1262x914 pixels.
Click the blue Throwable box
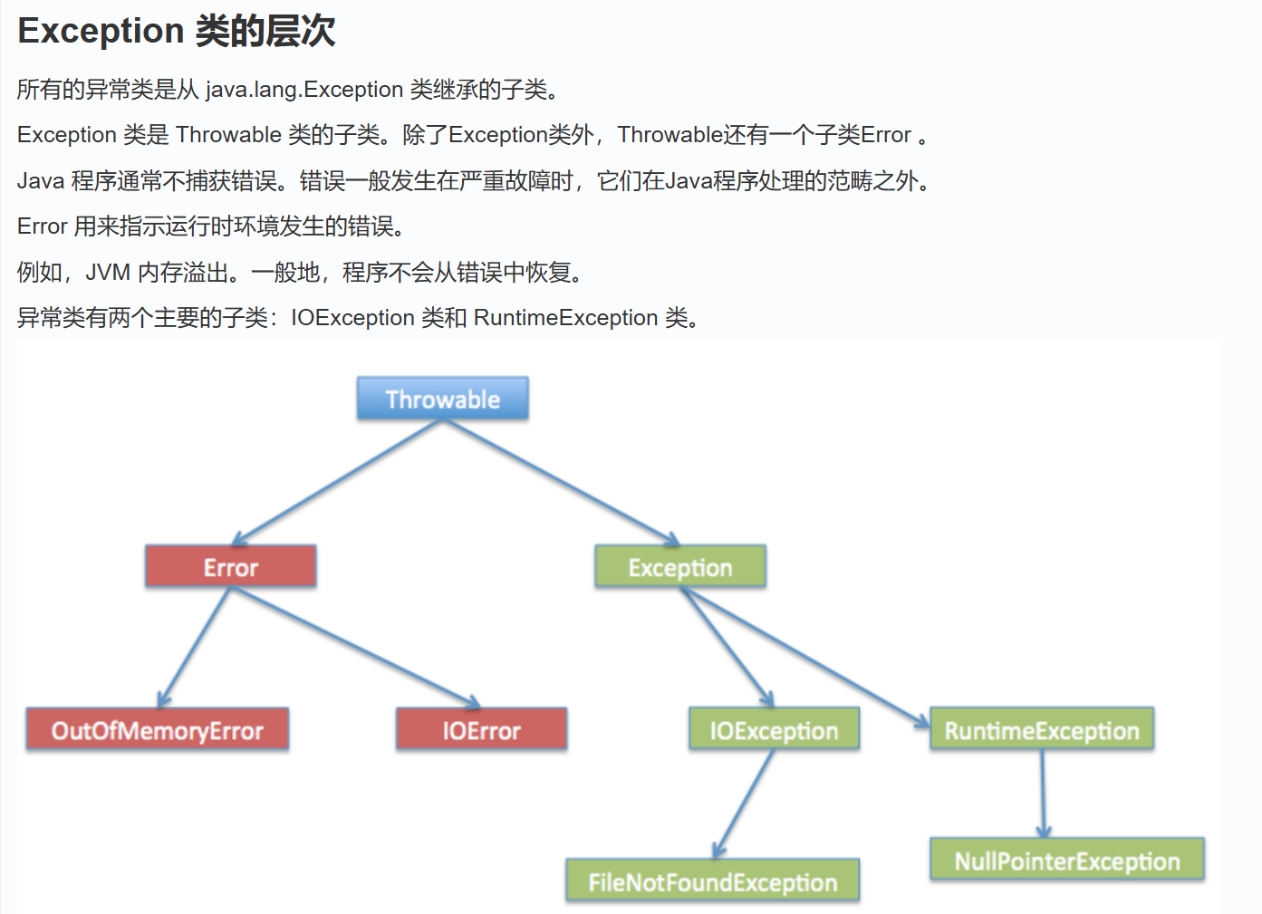[442, 399]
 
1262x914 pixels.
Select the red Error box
[230, 567]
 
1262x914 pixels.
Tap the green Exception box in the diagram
[679, 567]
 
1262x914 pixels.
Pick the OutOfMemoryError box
[157, 730]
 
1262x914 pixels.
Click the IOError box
[481, 730]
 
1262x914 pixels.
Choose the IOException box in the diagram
[774, 730]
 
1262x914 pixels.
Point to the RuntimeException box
[1041, 730]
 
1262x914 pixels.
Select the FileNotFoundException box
[712, 881]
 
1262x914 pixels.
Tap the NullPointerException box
[1066, 861]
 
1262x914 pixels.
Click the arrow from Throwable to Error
[337, 482]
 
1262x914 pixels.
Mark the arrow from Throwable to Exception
[562, 482]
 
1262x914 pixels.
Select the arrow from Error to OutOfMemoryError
[195, 647]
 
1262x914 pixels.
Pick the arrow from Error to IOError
[355, 647]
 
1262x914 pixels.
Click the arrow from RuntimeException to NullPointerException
[1042, 794]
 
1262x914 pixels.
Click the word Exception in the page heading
[101, 31]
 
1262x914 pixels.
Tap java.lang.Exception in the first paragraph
[303, 90]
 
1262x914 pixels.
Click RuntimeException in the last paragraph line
[565, 318]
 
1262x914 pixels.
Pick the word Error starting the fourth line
[42, 226]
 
